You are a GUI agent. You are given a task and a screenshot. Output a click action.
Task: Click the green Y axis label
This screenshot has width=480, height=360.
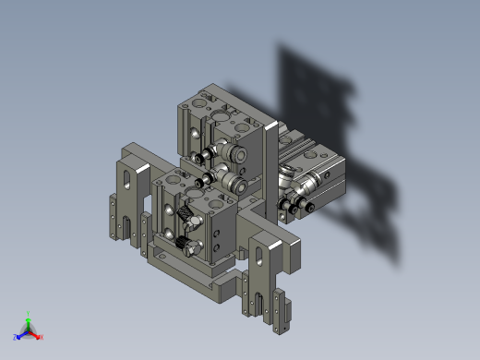pyautogui.click(x=29, y=314)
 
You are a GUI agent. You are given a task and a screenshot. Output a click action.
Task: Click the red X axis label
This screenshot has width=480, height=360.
pyautogui.click(x=42, y=337)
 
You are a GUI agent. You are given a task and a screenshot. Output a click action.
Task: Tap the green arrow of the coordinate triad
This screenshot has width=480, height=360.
pyautogui.click(x=29, y=322)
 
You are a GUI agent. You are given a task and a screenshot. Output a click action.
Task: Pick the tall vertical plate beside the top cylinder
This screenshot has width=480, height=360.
pyautogui.click(x=270, y=166)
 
